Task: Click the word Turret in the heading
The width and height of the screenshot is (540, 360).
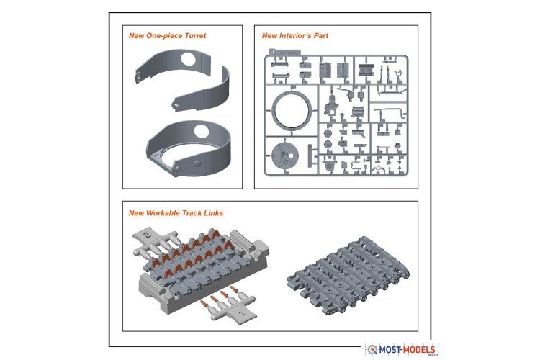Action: (195, 36)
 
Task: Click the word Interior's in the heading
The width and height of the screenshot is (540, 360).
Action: (296, 35)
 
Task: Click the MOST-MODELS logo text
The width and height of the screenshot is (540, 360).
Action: (407, 350)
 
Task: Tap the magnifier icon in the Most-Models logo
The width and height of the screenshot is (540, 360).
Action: (372, 350)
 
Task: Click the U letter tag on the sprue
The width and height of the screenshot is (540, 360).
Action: (272, 52)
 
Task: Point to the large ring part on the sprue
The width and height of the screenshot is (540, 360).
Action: (292, 110)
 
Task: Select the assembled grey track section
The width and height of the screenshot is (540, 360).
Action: (348, 276)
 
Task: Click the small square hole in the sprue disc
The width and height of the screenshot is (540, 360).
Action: (292, 156)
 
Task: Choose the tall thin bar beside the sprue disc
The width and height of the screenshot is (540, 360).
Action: (310, 155)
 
